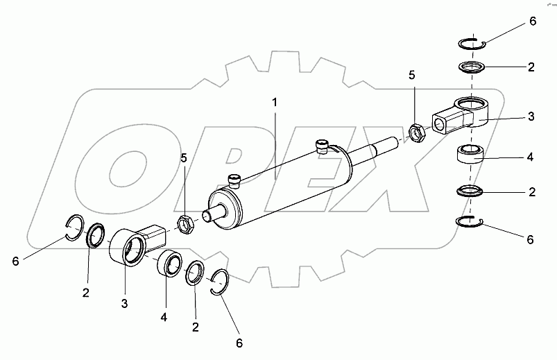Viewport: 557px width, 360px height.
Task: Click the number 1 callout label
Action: click(275, 102)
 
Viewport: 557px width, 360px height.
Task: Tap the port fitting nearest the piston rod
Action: click(321, 146)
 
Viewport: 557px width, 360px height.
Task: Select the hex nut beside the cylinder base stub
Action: click(185, 223)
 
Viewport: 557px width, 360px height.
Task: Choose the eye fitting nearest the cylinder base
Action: click(135, 246)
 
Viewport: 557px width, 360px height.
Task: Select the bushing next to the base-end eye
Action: click(169, 264)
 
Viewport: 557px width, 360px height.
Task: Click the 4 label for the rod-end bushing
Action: click(531, 157)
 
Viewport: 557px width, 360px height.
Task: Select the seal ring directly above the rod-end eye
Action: click(472, 67)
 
